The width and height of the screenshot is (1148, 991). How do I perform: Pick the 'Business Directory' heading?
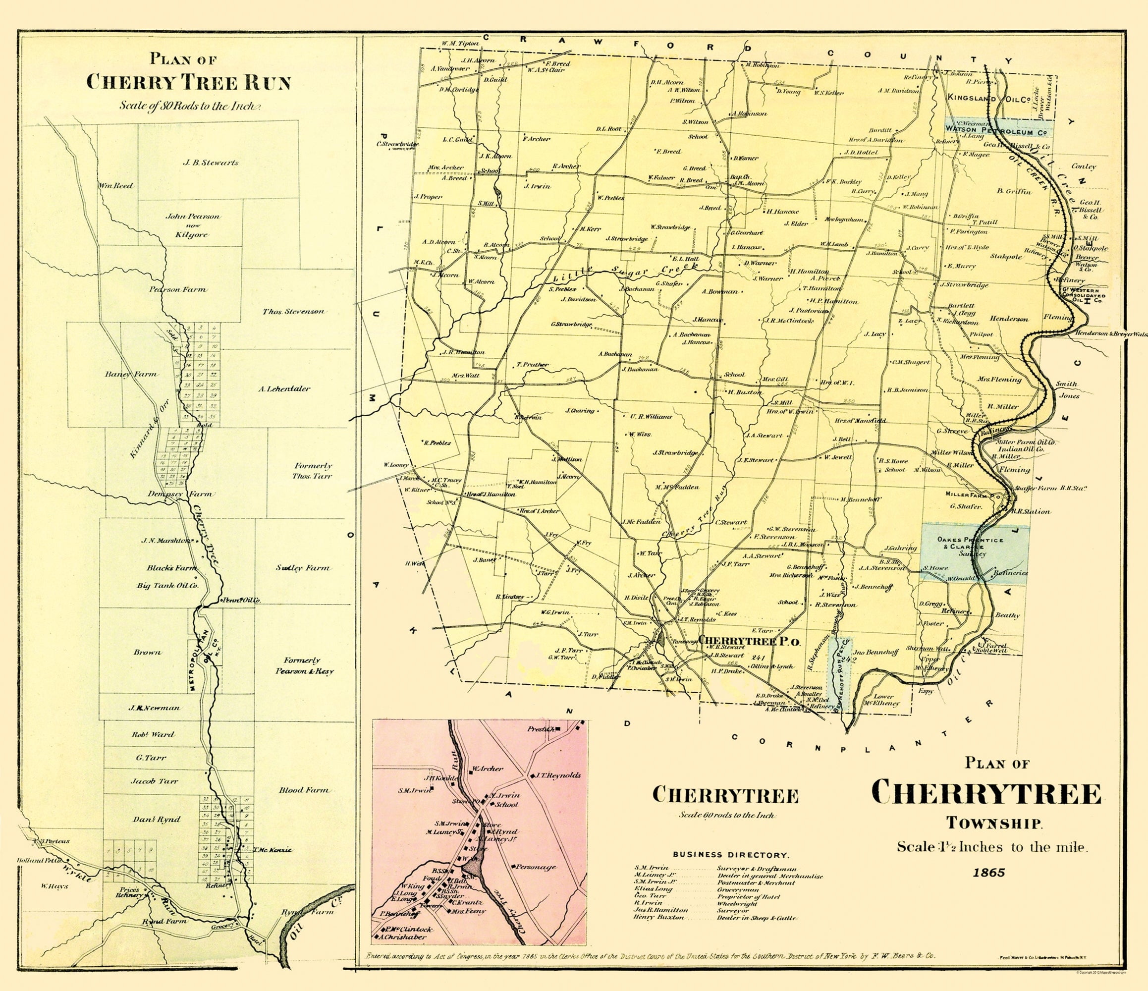[731, 855]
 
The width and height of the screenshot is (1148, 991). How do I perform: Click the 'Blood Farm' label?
[304, 790]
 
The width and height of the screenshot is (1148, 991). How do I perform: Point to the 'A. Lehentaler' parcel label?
[284, 388]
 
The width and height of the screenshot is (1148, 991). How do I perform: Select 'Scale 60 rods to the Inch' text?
[726, 816]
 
